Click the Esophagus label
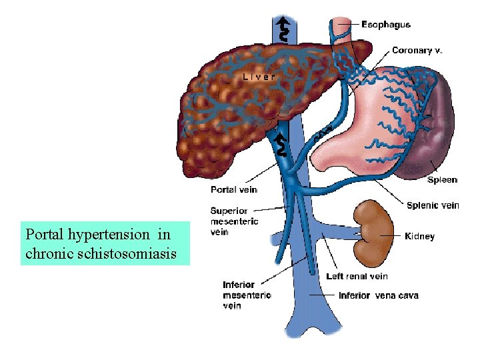pyautogui.click(x=386, y=25)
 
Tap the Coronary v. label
pyautogui.click(x=417, y=50)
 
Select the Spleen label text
pyautogui.click(x=442, y=179)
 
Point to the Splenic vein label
pyautogui.click(x=433, y=205)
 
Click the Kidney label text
pyautogui.click(x=419, y=236)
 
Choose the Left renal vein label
pyautogui.click(x=357, y=276)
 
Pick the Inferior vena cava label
pyautogui.click(x=378, y=295)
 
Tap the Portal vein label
pyautogui.click(x=234, y=190)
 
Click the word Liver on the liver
pyautogui.click(x=259, y=76)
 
